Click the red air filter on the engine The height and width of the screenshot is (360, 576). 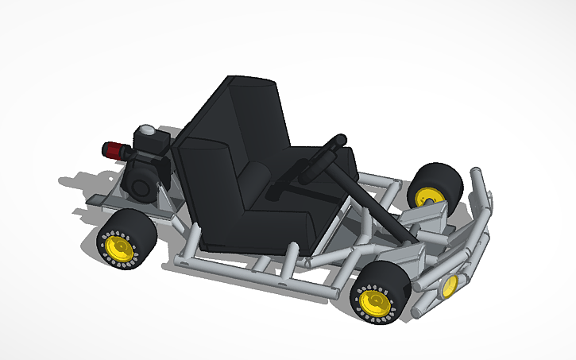(114, 149)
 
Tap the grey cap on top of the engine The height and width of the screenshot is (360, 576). (146, 130)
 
